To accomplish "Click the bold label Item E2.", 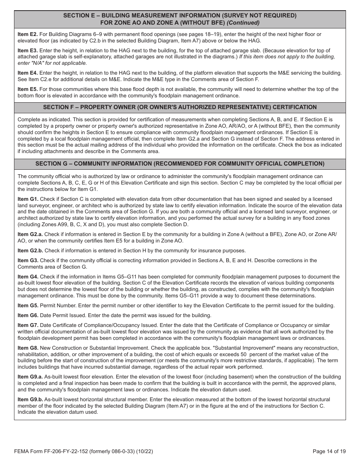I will point(28,34).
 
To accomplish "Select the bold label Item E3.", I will point(28,50).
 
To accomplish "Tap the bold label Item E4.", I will point(28,73).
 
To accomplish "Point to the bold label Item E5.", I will point(28,89).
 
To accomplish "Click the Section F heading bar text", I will point(180,107).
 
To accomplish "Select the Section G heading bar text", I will point(180,164).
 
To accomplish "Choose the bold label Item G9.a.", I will point(30,377).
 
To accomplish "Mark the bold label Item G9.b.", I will point(30,399).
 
